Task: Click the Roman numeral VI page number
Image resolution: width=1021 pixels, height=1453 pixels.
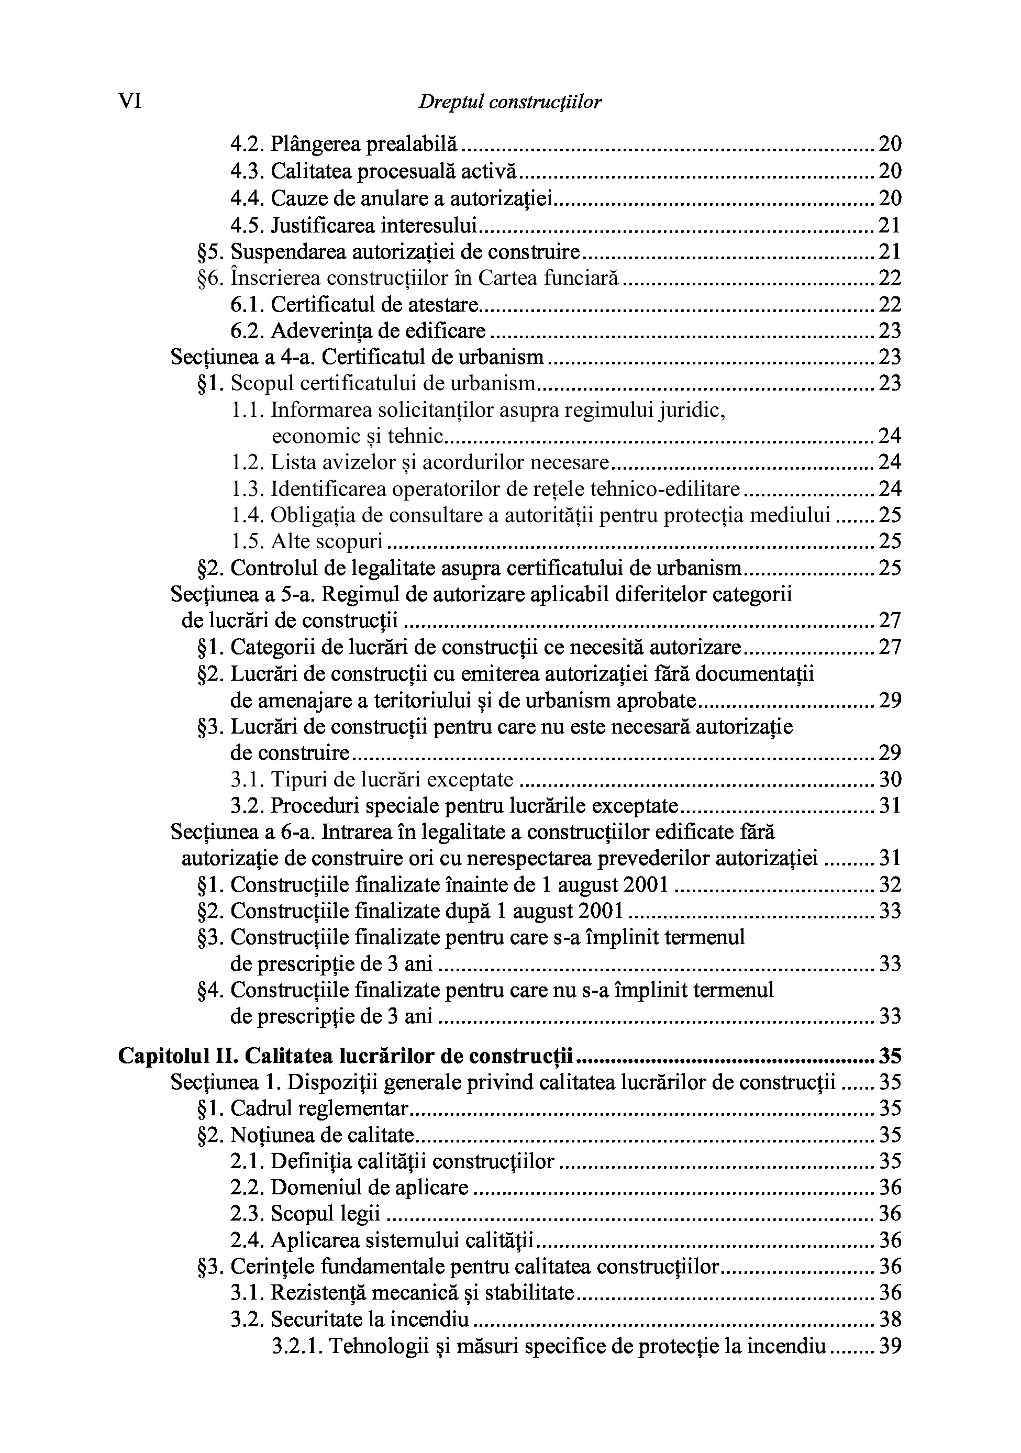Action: [130, 101]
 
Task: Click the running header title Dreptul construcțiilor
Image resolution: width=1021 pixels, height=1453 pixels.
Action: [509, 102]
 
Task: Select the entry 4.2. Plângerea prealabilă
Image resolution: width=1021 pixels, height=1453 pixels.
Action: [343, 145]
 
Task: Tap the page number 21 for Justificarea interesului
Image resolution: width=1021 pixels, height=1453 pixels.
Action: [890, 225]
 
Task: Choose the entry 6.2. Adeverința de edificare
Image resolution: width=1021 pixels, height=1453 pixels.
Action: [358, 330]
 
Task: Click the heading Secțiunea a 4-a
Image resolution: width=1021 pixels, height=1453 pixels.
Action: [243, 357]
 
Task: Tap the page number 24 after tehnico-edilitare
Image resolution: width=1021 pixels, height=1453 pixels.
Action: [890, 489]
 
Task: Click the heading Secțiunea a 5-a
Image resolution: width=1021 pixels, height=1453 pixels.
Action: [243, 594]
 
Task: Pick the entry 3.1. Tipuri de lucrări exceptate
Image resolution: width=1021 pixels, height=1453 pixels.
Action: [372, 779]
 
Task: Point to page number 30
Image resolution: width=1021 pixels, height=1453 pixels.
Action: [890, 779]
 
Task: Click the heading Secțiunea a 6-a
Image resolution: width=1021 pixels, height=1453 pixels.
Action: [243, 831]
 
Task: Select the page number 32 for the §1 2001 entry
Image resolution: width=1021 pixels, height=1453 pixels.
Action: [890, 884]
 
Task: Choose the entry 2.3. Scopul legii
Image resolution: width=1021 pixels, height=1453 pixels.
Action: [305, 1213]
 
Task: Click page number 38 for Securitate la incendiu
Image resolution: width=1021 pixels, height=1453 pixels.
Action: [890, 1319]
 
